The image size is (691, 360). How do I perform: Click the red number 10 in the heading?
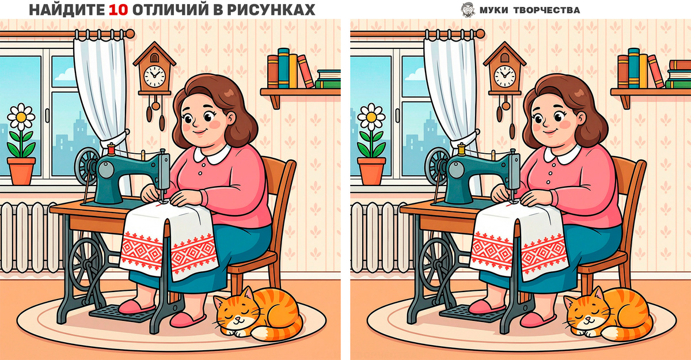point(118,10)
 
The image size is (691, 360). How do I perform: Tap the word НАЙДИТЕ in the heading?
point(67,10)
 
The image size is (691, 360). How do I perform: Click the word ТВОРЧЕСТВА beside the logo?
point(546,10)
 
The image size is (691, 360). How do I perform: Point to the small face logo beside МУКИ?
point(468,10)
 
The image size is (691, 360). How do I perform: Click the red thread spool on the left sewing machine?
point(111,149)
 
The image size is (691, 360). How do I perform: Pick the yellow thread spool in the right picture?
point(461,149)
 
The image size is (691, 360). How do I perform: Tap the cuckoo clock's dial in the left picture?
point(154,76)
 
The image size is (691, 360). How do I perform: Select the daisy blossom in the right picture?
point(371,117)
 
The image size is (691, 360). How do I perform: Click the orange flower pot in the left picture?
point(21,171)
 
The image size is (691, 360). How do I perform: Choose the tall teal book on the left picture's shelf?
point(283,68)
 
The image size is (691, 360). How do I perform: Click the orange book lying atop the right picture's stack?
point(680,65)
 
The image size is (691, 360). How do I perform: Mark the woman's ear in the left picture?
point(230,119)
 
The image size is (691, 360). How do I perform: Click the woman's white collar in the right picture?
point(562,155)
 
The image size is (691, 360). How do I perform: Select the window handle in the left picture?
point(47,115)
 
